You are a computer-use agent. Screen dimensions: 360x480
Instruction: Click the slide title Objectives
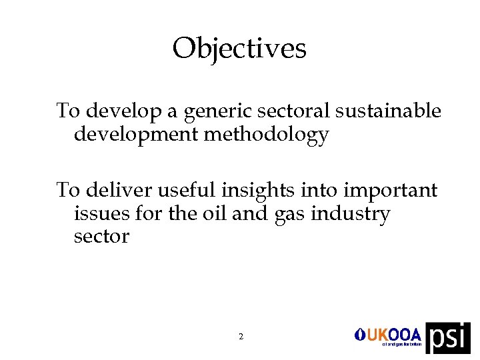[x=239, y=49]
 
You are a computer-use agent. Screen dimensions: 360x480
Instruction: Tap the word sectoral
[x=293, y=111]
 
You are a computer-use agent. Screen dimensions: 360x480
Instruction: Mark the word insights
[x=256, y=190]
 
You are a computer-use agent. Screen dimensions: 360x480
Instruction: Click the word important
[x=390, y=191]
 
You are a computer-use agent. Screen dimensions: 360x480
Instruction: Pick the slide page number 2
[x=241, y=337]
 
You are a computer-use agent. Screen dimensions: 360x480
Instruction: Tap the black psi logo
[x=448, y=338]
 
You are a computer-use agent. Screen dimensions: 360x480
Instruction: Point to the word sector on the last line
[x=101, y=237]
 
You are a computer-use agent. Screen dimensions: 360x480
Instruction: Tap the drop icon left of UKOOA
[x=358, y=334]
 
